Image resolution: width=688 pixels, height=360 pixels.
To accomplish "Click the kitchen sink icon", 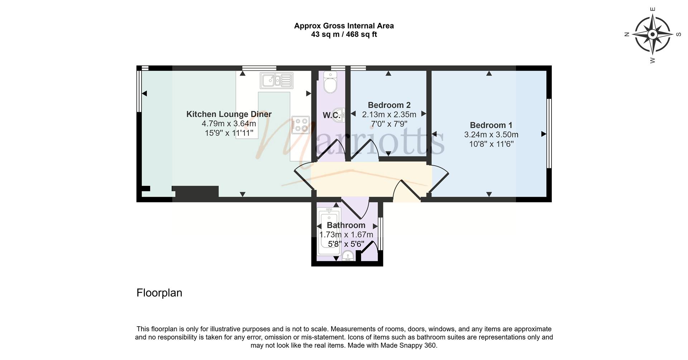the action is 277,81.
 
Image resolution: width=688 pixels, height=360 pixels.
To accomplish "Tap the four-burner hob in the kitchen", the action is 300,125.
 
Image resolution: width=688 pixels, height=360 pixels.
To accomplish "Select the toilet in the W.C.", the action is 330,82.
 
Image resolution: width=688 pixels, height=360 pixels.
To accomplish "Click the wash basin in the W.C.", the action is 339,115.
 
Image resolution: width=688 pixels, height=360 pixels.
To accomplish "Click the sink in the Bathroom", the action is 348,256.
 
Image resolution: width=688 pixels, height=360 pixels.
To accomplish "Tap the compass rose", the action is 653,35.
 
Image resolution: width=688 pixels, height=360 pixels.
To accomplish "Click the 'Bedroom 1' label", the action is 491,125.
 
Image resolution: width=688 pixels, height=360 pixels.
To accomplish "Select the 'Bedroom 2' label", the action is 389,105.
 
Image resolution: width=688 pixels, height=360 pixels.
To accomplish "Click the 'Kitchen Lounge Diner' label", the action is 229,114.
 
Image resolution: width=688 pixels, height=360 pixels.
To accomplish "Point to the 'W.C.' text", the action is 331,115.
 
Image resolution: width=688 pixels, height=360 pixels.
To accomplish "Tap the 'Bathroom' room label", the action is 346,225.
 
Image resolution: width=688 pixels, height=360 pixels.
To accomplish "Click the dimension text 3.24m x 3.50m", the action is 491,135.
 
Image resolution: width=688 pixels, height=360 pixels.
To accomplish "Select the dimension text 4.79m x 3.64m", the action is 229,124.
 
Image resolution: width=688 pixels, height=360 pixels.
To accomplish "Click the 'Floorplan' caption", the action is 159,293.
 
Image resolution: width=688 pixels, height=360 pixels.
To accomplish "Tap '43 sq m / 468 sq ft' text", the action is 344,35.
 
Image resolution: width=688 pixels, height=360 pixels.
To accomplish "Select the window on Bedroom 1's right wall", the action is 549,134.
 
